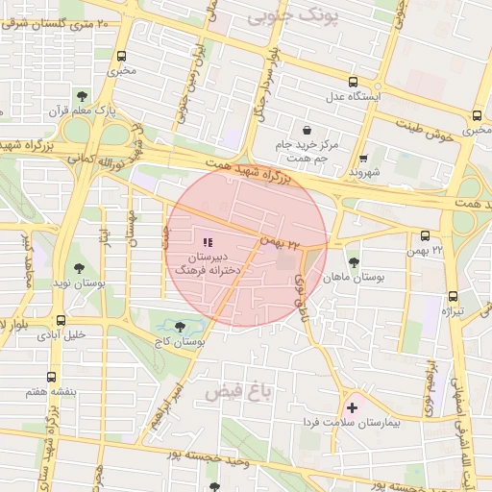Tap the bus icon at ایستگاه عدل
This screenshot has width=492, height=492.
click(x=354, y=82)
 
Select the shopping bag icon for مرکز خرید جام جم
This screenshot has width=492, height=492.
click(x=307, y=130)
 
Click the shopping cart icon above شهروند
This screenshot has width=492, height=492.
click(x=363, y=159)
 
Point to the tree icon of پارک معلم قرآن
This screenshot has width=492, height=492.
click(x=82, y=95)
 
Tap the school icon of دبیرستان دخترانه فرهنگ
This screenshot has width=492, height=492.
click(x=208, y=242)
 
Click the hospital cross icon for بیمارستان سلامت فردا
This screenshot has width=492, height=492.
click(x=353, y=408)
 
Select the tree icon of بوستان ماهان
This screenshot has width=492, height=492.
click(x=354, y=260)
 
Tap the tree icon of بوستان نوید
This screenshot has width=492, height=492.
click(x=76, y=270)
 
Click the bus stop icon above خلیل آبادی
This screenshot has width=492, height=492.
click(x=61, y=321)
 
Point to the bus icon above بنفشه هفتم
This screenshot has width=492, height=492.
click(x=51, y=377)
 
